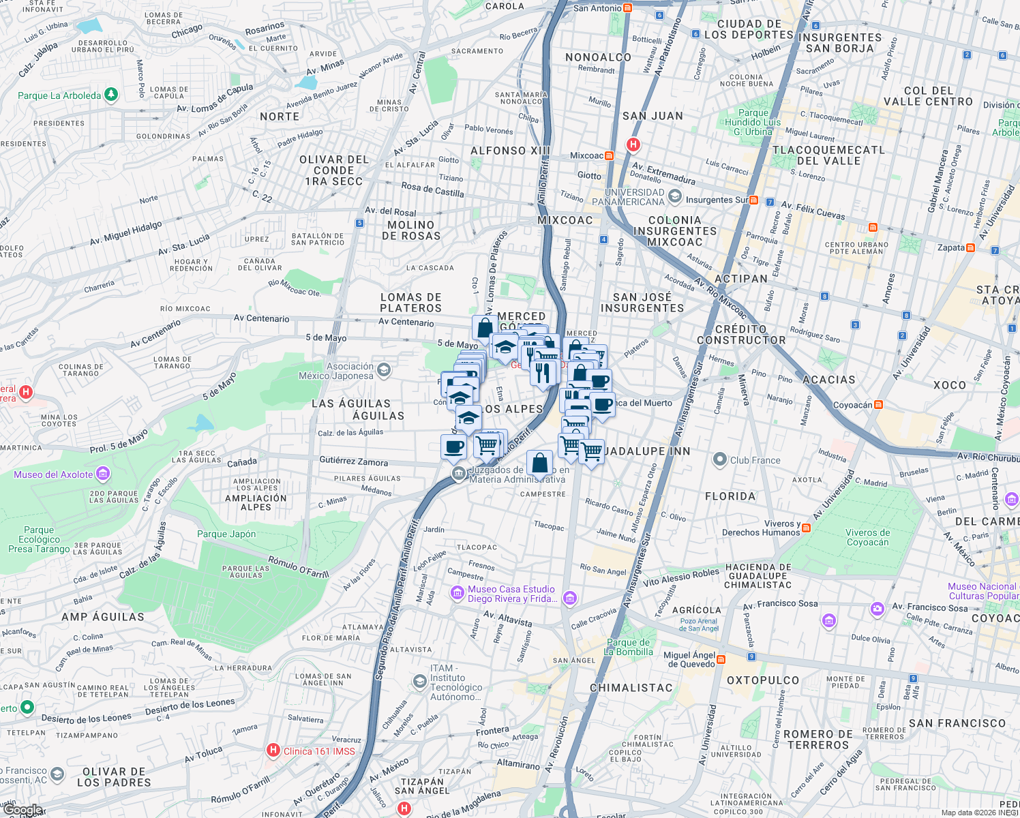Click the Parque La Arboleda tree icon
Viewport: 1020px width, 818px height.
click(x=111, y=95)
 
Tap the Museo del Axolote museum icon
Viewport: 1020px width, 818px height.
click(x=103, y=473)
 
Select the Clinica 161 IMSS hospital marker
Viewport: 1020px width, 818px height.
click(x=273, y=751)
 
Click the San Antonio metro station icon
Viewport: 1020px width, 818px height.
click(x=628, y=8)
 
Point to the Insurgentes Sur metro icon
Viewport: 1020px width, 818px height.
click(x=753, y=200)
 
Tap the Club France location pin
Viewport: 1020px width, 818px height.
click(x=719, y=459)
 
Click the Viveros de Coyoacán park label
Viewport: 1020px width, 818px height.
click(x=867, y=537)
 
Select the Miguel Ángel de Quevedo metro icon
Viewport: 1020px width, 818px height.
click(x=721, y=659)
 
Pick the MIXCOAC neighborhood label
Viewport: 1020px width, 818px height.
click(x=565, y=220)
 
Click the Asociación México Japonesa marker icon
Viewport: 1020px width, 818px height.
click(x=384, y=370)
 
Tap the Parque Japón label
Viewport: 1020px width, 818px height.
click(x=226, y=534)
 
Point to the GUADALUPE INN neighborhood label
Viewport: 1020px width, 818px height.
click(x=647, y=451)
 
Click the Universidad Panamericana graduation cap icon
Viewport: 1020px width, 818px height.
click(x=674, y=197)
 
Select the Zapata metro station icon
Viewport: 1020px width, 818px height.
click(x=971, y=247)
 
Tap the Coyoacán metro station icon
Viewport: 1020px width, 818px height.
click(x=878, y=405)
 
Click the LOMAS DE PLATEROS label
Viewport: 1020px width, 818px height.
click(x=411, y=303)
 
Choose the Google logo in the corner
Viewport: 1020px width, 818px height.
click(x=24, y=810)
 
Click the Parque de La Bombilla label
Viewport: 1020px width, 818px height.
click(x=629, y=647)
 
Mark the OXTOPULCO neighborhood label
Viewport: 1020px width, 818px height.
click(x=762, y=680)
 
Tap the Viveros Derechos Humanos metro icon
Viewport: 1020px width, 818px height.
click(x=807, y=528)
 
